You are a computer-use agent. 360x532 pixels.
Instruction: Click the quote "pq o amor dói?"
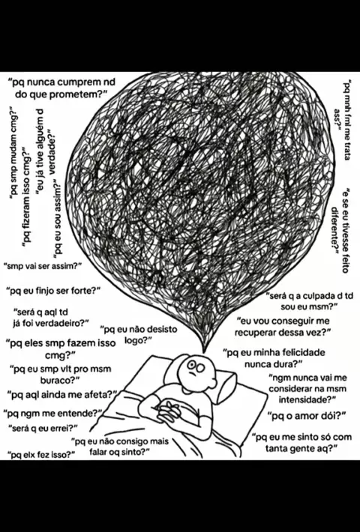(x=307, y=416)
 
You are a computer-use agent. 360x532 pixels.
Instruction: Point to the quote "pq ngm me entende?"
(x=53, y=414)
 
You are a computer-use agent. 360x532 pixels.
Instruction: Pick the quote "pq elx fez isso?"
(x=42, y=455)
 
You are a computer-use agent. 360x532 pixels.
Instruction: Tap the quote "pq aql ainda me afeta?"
(x=61, y=395)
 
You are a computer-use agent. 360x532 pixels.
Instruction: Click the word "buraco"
(x=55, y=380)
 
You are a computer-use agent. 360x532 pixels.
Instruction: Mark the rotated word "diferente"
(x=335, y=228)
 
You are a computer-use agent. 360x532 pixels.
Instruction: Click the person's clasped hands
(x=169, y=410)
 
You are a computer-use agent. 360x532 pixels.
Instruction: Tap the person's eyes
(x=195, y=366)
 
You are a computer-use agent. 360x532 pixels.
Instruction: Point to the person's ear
(x=214, y=382)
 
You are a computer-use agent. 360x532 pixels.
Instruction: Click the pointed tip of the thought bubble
(x=204, y=352)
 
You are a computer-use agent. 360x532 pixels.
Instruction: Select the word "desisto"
(x=158, y=329)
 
